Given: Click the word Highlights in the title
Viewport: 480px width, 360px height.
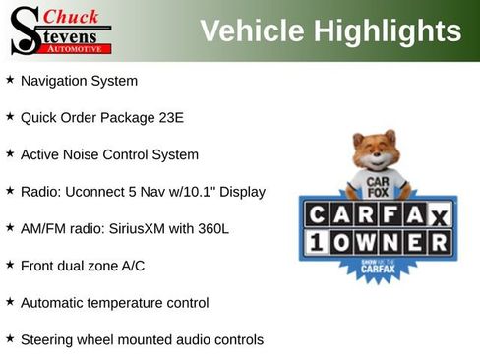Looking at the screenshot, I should tap(388, 30).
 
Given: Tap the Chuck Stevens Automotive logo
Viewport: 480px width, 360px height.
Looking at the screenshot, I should tap(62, 30).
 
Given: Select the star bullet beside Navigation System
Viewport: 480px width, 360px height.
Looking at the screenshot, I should tap(10, 80).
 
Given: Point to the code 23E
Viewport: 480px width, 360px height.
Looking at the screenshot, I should tap(170, 117).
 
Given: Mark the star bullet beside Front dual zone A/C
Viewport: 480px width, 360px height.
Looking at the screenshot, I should tap(10, 265).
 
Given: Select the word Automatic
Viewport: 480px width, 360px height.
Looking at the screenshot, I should tap(54, 303).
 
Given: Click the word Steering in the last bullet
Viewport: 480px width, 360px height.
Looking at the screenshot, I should tap(48, 340).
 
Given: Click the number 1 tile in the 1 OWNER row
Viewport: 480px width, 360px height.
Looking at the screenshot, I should tap(317, 242).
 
